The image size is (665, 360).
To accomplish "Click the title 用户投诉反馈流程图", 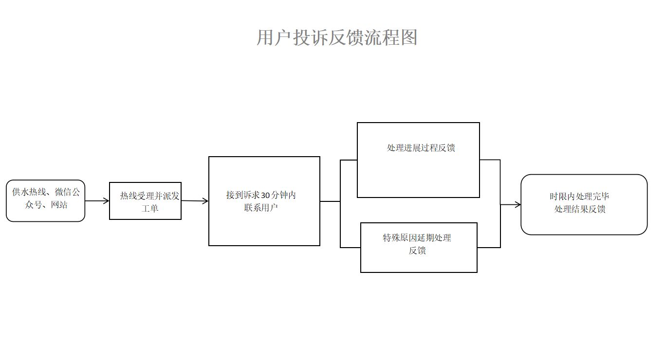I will pyautogui.click(x=337, y=37).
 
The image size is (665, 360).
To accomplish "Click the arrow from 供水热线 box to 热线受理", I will pyautogui.click(x=97, y=201).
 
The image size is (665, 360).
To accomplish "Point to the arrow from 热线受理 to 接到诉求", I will pyautogui.click(x=195, y=201).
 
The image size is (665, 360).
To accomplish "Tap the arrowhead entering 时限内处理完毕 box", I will pyautogui.click(x=517, y=205).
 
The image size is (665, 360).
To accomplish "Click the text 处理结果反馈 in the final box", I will pyautogui.click(x=580, y=209).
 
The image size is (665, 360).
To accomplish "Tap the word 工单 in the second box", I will pyautogui.click(x=150, y=209).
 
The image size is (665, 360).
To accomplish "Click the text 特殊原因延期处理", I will pyautogui.click(x=417, y=238).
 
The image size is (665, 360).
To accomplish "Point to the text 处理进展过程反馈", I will pyautogui.click(x=421, y=148).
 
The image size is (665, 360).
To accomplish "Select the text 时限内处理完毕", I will pyautogui.click(x=579, y=197).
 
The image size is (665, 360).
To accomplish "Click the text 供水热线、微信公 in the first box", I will pyautogui.click(x=46, y=192).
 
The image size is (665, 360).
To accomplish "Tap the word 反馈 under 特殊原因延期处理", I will pyautogui.click(x=417, y=251).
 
